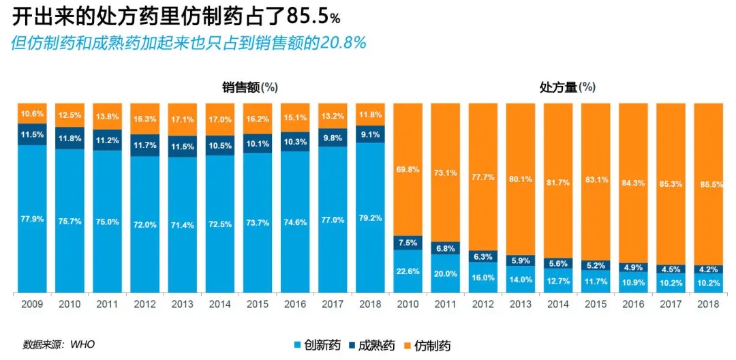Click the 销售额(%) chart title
(x=249, y=87)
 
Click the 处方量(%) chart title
(x=567, y=87)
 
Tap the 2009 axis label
(x=32, y=303)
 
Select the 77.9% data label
(x=32, y=219)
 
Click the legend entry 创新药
(x=320, y=346)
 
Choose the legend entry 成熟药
(x=374, y=346)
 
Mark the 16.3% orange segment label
(x=144, y=119)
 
